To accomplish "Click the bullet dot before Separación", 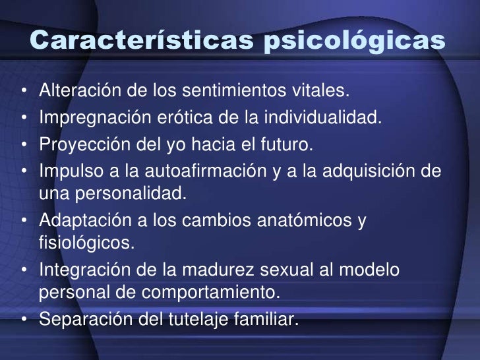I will coord(24,320).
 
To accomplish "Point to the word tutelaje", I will coord(211,320).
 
